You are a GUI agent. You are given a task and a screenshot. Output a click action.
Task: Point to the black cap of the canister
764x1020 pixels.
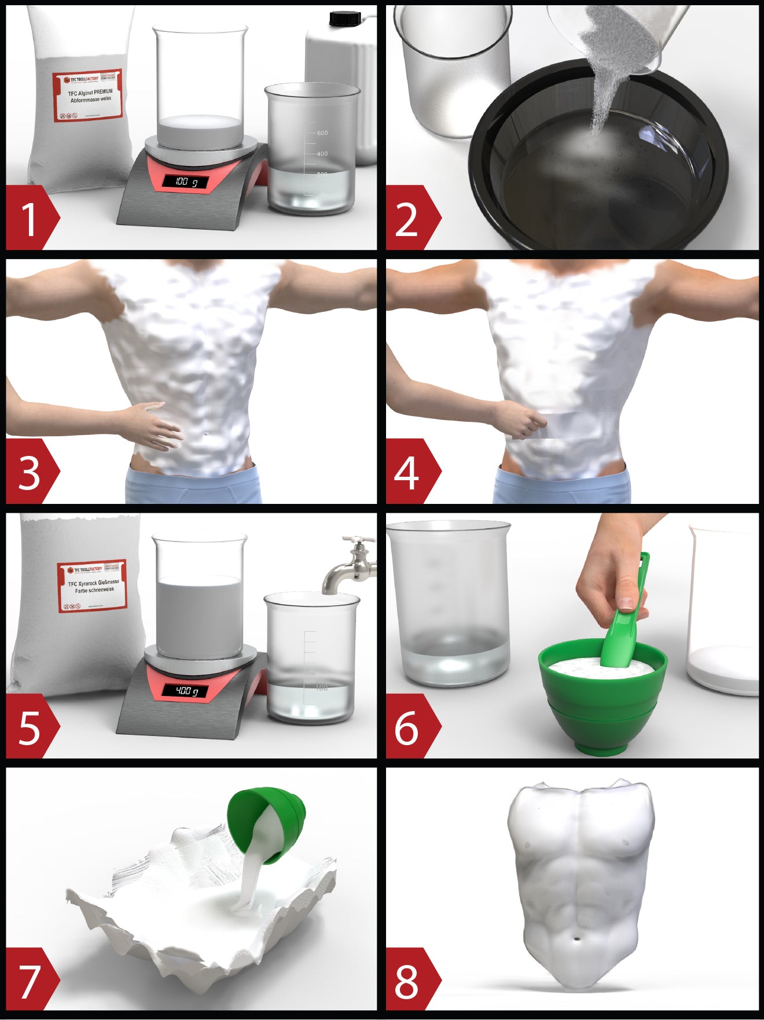click(x=344, y=19)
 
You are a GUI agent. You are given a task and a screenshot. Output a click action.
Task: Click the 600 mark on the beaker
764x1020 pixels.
click(x=322, y=133)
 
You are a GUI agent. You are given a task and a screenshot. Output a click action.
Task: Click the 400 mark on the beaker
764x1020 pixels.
click(x=322, y=154)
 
